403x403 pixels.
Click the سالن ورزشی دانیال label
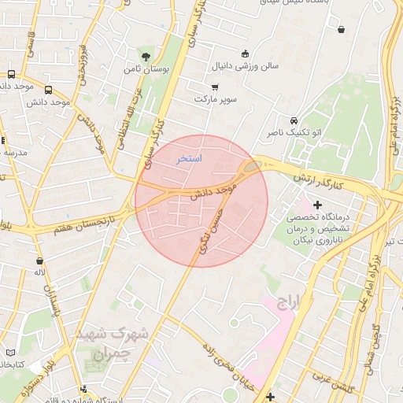tap(246, 68)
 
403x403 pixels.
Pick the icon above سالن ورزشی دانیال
tap(246, 54)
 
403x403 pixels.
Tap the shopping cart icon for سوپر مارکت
tap(215, 87)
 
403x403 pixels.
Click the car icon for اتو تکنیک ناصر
tap(294, 121)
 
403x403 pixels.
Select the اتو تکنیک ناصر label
tap(293, 134)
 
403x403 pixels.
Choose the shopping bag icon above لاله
tap(38, 259)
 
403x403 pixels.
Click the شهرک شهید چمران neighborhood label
tap(113, 343)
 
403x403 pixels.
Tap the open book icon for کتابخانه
tap(9, 352)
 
